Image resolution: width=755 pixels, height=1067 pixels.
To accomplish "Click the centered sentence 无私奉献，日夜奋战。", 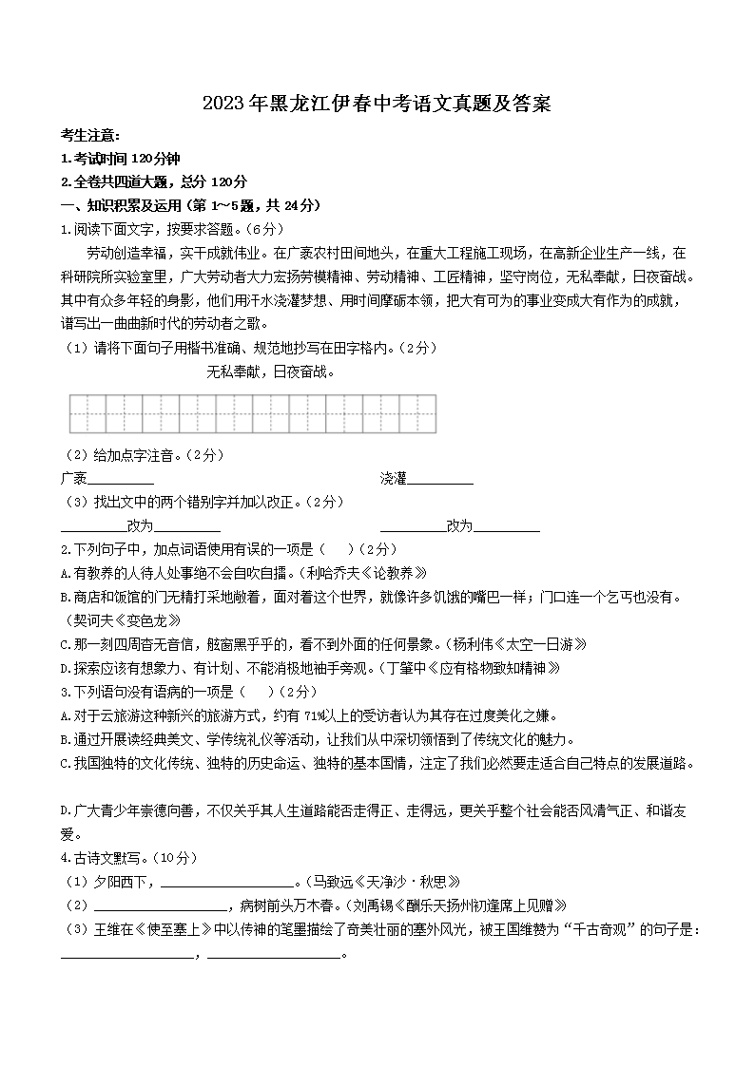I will pyautogui.click(x=271, y=372).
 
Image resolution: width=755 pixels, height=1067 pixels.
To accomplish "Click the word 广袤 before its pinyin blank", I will pyautogui.click(x=73, y=477).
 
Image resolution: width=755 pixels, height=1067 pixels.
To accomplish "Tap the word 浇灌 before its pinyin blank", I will pyautogui.click(x=393, y=477).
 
